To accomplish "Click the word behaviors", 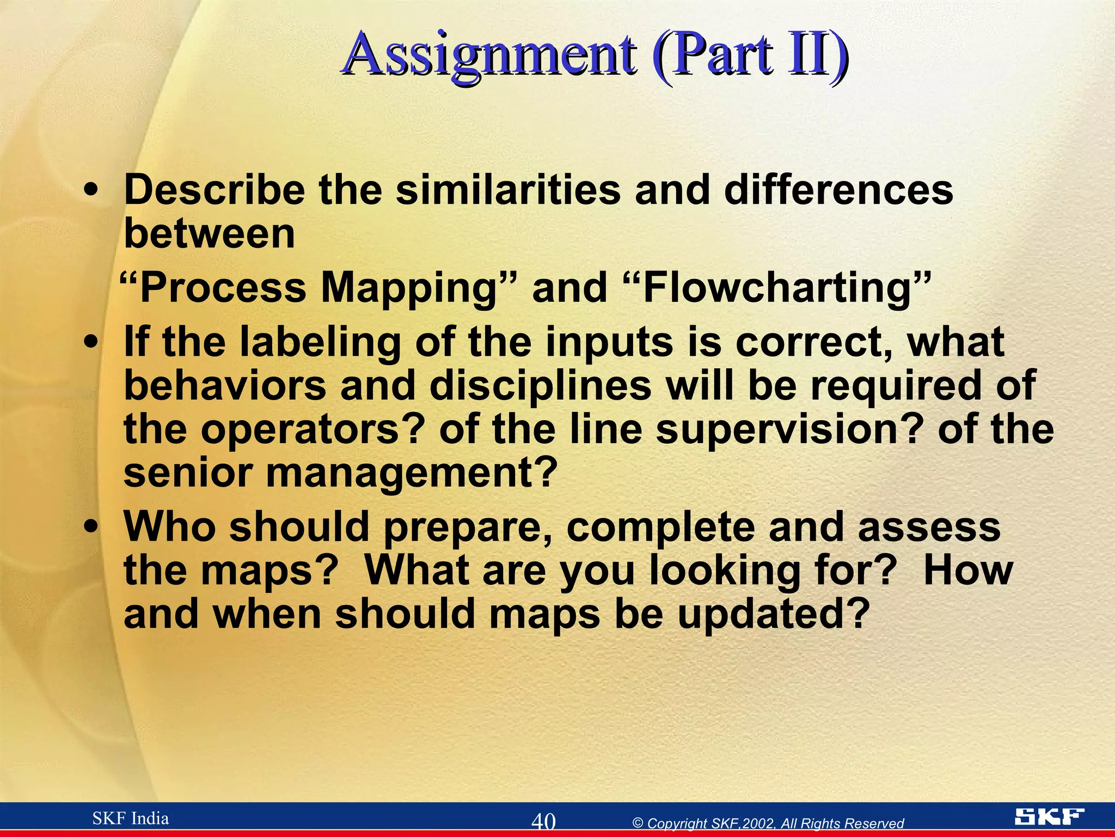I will (224, 386).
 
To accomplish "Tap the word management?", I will (412, 473).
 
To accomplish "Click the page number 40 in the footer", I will (543, 821).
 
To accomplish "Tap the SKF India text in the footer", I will (131, 818).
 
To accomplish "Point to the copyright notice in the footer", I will (768, 823).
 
